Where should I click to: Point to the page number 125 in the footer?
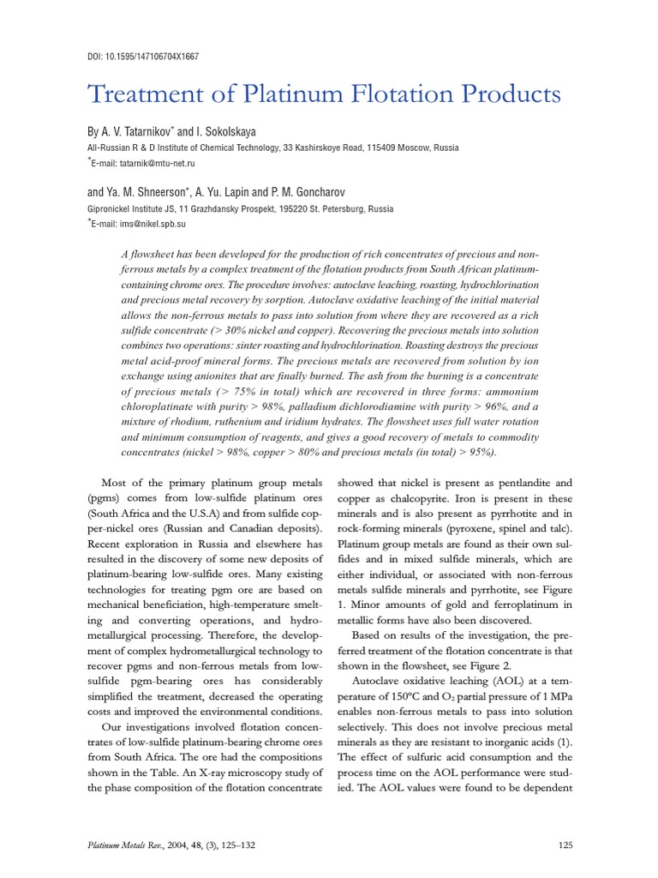564,845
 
